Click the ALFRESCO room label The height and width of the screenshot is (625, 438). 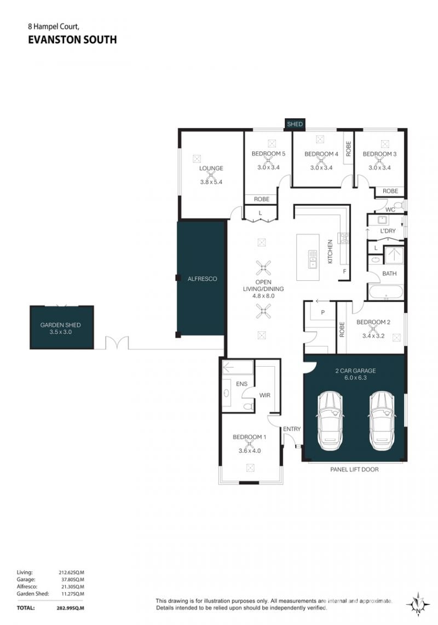click(x=202, y=279)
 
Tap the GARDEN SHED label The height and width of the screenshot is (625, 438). click(x=61, y=325)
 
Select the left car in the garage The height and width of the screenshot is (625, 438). click(x=330, y=421)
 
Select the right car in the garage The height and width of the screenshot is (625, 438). click(x=382, y=421)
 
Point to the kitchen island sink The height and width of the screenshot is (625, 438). click(x=312, y=259)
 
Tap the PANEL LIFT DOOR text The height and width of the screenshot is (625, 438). click(x=355, y=470)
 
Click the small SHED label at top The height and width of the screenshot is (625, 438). click(x=295, y=124)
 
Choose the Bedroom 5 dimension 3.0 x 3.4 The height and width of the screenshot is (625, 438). click(x=268, y=167)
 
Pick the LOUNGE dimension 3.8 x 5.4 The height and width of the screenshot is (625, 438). click(x=211, y=182)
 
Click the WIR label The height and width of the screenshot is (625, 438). click(x=265, y=395)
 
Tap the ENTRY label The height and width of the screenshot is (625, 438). click(x=292, y=429)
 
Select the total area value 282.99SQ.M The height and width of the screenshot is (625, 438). click(x=70, y=608)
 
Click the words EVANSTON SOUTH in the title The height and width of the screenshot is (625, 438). click(x=72, y=40)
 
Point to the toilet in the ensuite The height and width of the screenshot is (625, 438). click(x=248, y=406)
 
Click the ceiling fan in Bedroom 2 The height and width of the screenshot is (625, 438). click(x=373, y=329)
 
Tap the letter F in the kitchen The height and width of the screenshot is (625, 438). click(x=345, y=272)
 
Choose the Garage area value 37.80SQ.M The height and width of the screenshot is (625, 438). click(x=71, y=580)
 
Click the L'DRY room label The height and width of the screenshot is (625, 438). click(x=388, y=231)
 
